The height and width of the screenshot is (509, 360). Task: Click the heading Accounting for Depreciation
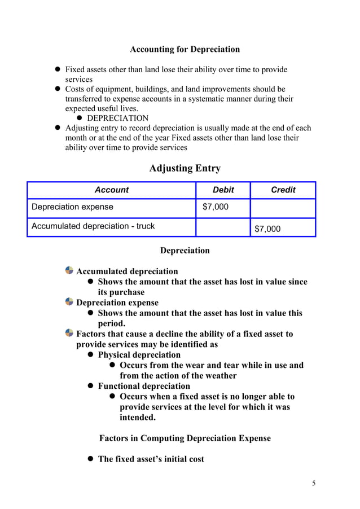[x=185, y=49]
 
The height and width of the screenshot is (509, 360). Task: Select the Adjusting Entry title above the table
[x=185, y=168]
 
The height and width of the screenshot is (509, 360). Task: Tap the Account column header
[x=111, y=190]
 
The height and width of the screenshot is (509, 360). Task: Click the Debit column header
[x=223, y=190]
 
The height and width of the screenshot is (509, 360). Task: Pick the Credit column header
[x=283, y=190]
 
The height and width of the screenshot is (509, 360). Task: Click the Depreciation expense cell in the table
[x=72, y=207]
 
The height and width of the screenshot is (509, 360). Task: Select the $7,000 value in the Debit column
[x=216, y=207]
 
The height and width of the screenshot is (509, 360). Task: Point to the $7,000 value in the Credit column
[x=267, y=229]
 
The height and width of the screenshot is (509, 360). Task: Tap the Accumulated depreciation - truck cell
[x=93, y=226]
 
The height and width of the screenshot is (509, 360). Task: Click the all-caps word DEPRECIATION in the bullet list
[x=118, y=119]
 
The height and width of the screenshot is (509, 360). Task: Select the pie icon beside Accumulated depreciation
[x=69, y=271]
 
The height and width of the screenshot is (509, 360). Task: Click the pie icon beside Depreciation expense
[x=69, y=302]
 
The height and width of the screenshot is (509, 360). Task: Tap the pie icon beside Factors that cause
[x=69, y=334]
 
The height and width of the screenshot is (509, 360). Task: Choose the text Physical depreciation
[x=139, y=355]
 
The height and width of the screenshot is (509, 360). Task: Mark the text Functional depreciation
[x=144, y=386]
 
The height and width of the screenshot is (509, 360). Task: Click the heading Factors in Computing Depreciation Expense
[x=185, y=438]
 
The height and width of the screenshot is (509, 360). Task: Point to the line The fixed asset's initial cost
[x=151, y=459]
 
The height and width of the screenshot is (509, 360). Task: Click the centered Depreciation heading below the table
[x=185, y=250]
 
